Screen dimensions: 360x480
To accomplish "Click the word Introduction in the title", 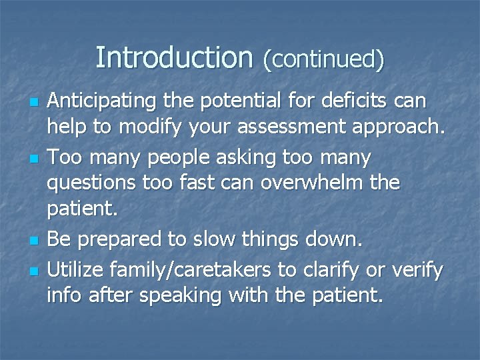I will click(x=174, y=57).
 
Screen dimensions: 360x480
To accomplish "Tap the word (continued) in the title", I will click(x=323, y=59).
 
